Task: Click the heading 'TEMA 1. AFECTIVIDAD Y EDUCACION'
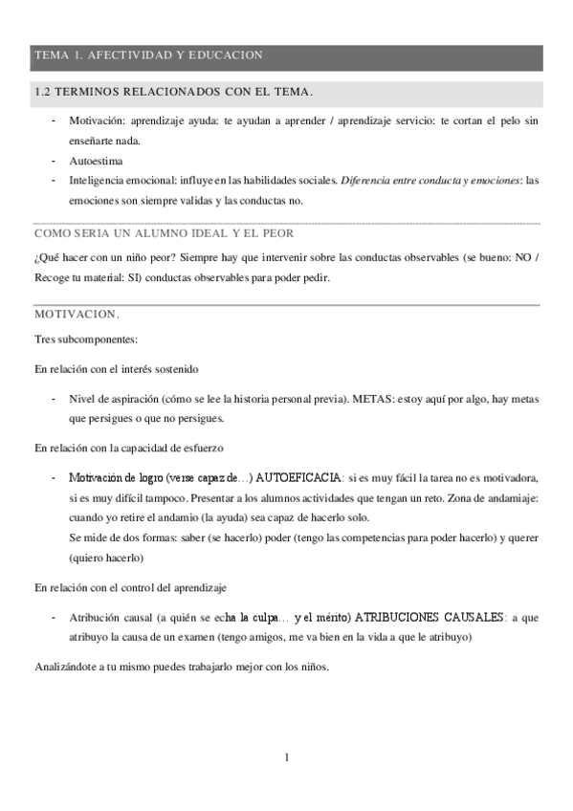pyautogui.click(x=148, y=55)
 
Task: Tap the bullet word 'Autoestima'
pyautogui.click(x=96, y=161)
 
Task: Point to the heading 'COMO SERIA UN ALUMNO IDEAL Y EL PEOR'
pyautogui.click(x=164, y=233)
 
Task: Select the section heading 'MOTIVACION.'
pyautogui.click(x=77, y=314)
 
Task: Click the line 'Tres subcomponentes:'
pyautogui.click(x=86, y=340)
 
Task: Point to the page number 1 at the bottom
pyautogui.click(x=286, y=757)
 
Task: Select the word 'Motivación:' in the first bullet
pyautogui.click(x=97, y=121)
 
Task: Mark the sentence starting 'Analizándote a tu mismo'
pyautogui.click(x=182, y=667)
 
